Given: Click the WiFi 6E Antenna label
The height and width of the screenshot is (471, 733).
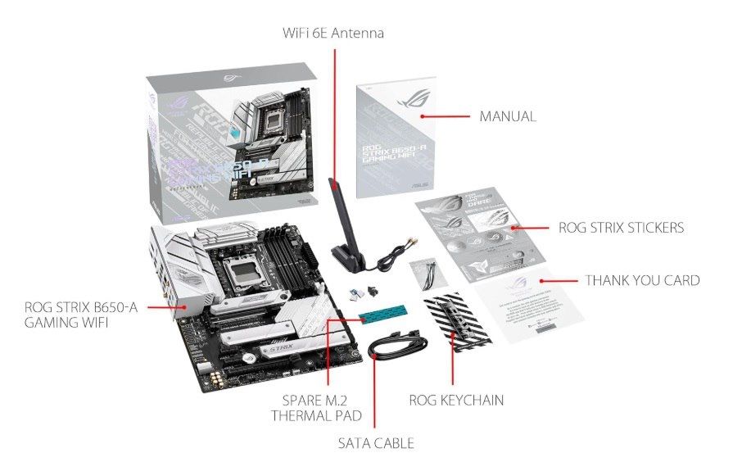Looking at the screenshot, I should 333,34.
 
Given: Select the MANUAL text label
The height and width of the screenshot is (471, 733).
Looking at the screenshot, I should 507,116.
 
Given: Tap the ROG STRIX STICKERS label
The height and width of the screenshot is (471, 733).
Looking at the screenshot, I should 620,228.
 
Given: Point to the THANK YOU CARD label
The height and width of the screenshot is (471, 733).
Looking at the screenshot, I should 642,280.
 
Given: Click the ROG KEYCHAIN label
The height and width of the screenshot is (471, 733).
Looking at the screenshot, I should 455,401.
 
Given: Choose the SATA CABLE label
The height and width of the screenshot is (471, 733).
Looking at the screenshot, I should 376,443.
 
